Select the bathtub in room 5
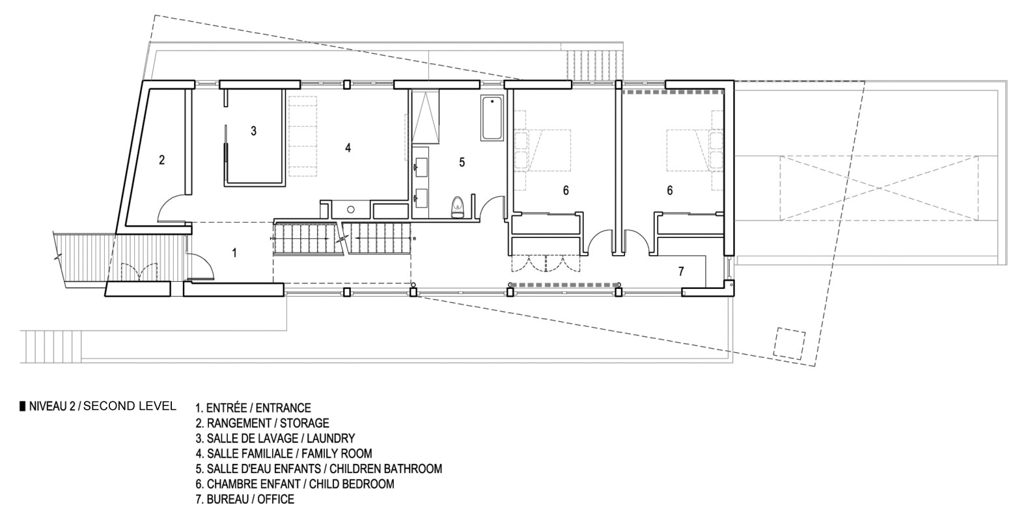(492, 118)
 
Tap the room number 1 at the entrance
(234, 252)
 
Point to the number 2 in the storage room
(161, 159)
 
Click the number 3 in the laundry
(254, 131)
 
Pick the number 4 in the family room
(348, 148)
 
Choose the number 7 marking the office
(681, 271)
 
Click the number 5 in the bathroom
(462, 162)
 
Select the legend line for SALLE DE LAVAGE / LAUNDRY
(275, 439)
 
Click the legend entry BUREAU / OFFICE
(245, 499)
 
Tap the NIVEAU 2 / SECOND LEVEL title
(98, 406)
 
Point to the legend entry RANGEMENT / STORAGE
(262, 423)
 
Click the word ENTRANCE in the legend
(283, 408)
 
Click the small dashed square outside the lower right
(789, 344)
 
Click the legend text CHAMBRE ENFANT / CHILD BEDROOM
(294, 483)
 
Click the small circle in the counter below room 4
(351, 210)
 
